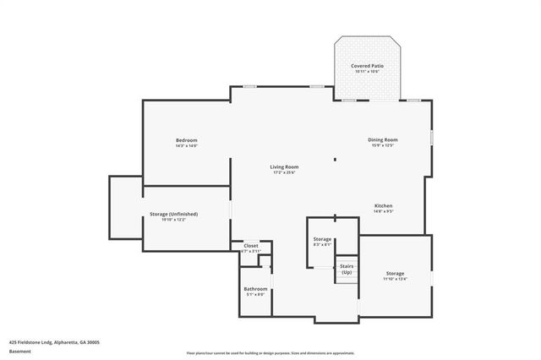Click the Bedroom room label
(x=186, y=139)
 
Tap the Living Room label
(x=284, y=166)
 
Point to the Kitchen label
(x=383, y=205)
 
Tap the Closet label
(x=251, y=245)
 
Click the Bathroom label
(x=255, y=289)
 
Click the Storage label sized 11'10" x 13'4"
(x=395, y=273)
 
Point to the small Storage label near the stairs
(x=322, y=239)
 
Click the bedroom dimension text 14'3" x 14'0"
(x=186, y=146)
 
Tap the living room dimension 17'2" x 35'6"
(x=284, y=172)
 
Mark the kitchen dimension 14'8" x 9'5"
(x=383, y=211)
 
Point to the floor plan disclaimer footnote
(x=270, y=352)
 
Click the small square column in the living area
(x=335, y=158)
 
